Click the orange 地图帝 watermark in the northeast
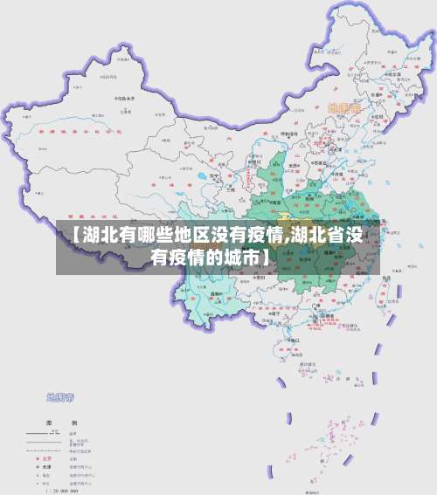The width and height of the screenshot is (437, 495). click(343, 107)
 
